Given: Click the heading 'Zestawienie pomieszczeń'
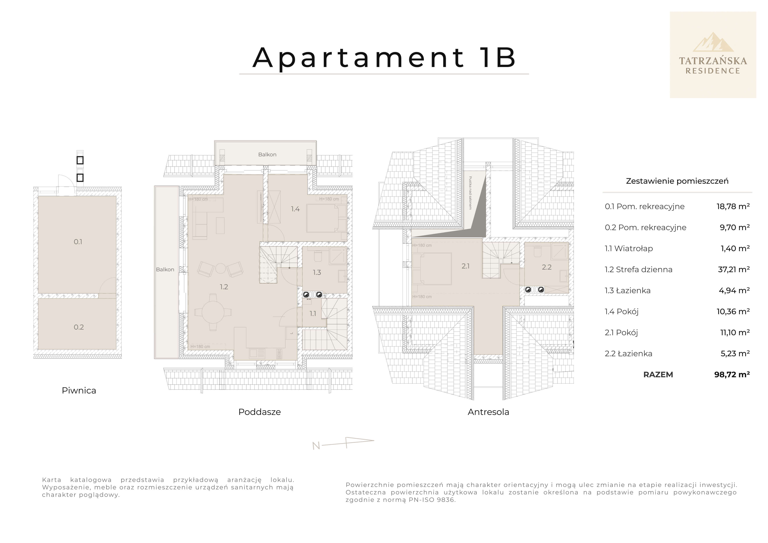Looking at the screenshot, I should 677,181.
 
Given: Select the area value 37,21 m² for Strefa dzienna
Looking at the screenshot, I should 734,269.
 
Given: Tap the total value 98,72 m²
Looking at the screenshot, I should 732,374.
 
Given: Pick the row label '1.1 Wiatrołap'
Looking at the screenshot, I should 629,248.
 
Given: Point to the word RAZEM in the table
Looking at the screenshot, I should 658,374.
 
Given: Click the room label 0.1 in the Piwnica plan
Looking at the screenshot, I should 78,242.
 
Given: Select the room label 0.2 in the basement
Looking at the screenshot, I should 79,327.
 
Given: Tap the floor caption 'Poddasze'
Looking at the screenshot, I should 259,412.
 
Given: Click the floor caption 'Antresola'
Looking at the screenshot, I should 488,412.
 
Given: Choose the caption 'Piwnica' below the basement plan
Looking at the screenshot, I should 79,390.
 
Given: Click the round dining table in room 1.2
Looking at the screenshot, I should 213,312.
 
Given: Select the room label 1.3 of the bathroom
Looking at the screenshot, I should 317,272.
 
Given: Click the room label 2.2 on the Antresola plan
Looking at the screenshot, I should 547,267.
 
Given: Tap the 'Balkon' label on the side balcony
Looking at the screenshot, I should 165,269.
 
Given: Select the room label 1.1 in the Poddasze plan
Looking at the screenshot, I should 312,314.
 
